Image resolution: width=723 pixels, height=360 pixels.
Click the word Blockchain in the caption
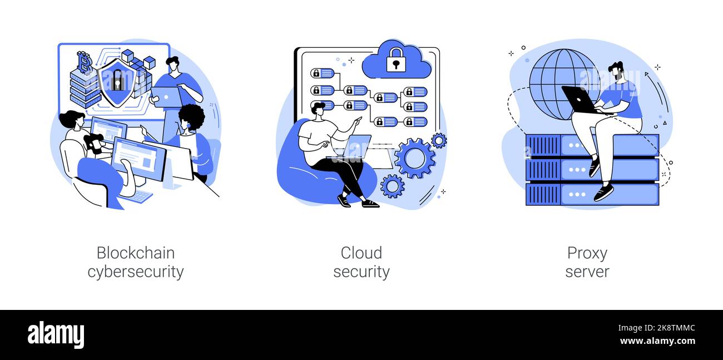(x=136, y=253)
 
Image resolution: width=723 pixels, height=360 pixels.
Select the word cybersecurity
(x=136, y=272)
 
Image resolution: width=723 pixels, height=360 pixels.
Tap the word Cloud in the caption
(x=361, y=253)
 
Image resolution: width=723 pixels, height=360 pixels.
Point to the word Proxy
(x=587, y=254)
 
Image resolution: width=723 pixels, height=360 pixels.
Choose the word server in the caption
(x=587, y=272)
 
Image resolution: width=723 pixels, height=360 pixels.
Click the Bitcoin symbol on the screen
(x=85, y=62)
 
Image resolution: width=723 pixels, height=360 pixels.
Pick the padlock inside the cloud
(x=396, y=60)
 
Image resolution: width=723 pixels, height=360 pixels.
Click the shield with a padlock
(x=116, y=83)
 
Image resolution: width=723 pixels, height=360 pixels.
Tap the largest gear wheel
(x=415, y=158)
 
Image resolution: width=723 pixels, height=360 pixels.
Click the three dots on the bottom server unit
(x=577, y=194)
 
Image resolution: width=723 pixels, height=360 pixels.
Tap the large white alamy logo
(x=56, y=335)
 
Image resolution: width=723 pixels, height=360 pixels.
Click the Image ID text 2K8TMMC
(x=676, y=328)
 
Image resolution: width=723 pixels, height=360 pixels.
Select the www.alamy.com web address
(x=657, y=341)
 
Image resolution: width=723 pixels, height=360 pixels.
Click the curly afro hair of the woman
(x=192, y=116)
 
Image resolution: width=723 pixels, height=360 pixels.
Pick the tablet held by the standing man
(x=166, y=97)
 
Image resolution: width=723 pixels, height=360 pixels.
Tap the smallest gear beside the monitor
(x=439, y=140)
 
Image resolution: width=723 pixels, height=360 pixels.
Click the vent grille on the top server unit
(x=543, y=145)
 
